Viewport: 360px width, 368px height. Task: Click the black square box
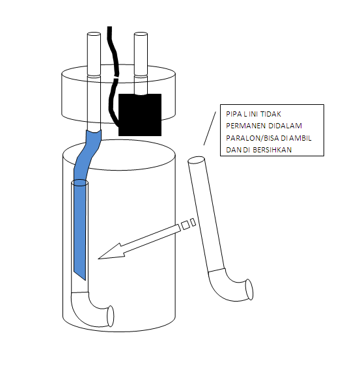(x=140, y=115)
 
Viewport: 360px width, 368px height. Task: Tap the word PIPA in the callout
(x=233, y=114)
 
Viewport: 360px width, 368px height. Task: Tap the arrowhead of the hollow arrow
(x=110, y=253)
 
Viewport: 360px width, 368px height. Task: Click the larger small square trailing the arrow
(x=186, y=225)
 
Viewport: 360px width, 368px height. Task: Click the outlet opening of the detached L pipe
(x=249, y=289)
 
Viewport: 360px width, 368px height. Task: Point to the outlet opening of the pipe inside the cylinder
(x=111, y=316)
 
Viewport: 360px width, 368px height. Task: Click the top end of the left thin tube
(x=94, y=35)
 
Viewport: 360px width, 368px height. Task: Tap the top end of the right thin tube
(x=141, y=35)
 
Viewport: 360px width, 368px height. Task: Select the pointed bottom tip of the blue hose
(x=85, y=280)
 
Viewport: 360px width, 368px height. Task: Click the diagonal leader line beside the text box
(x=210, y=128)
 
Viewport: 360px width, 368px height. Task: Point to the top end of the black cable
(x=109, y=27)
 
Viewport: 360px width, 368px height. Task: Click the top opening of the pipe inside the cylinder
(x=79, y=182)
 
